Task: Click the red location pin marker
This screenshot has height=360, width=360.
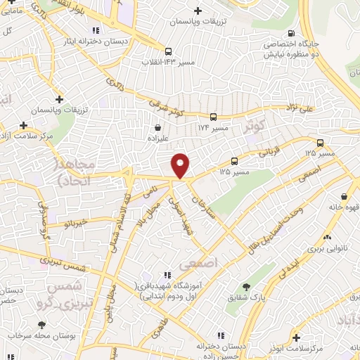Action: [x=181, y=165]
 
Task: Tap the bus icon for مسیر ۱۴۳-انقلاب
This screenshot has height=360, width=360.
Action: [x=168, y=51]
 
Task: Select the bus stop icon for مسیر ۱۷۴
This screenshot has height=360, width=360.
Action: [x=212, y=117]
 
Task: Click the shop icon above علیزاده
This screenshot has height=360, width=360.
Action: [x=158, y=128]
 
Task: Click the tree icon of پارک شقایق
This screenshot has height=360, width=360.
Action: [x=246, y=287]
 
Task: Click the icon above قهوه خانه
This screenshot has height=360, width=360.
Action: [x=345, y=197]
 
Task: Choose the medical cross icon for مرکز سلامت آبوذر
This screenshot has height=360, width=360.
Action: [x=296, y=338]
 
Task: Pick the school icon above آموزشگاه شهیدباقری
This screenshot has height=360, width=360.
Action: [x=167, y=275]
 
